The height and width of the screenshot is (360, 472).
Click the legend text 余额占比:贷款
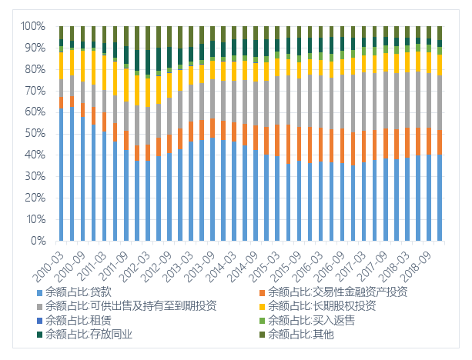point(79,292)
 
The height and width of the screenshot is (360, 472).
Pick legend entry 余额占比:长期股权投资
point(321,305)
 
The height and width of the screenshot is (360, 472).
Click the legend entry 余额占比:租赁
point(79,319)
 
